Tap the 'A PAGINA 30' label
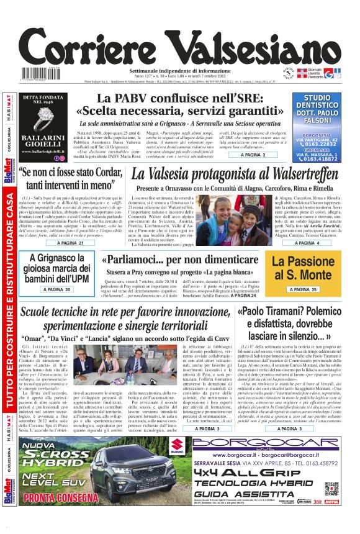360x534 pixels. (58, 289)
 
